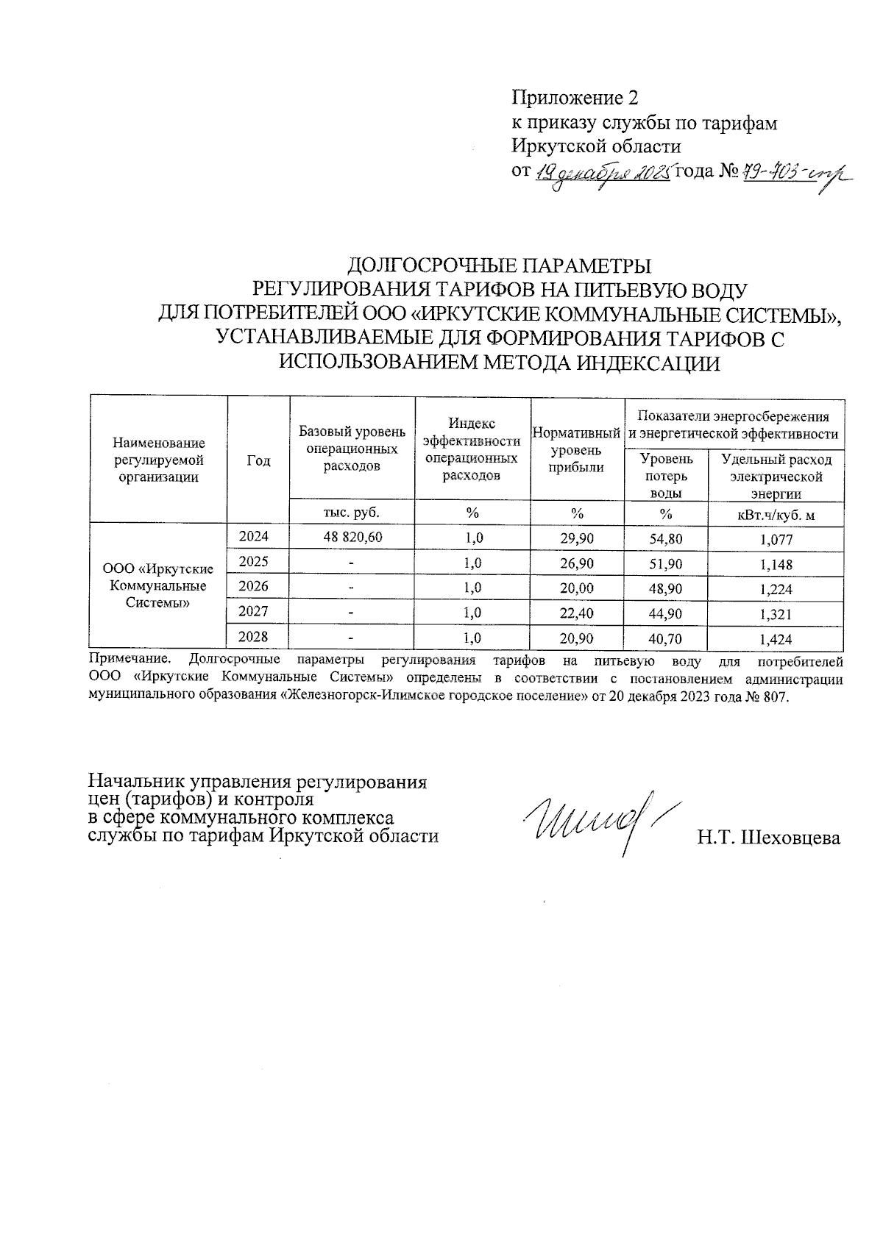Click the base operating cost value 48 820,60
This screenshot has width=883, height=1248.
(x=352, y=538)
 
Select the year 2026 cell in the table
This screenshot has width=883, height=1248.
(x=254, y=587)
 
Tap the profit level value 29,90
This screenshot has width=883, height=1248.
(x=576, y=539)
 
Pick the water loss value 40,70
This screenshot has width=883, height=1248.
(x=665, y=638)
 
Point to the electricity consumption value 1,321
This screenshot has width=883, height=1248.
(x=776, y=614)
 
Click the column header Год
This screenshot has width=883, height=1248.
(x=258, y=461)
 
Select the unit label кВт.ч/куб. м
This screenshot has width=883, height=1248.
(x=776, y=515)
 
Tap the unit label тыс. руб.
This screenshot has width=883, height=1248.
(x=352, y=512)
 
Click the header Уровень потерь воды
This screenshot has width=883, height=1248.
(x=666, y=477)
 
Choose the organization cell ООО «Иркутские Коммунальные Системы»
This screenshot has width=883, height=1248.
(x=159, y=586)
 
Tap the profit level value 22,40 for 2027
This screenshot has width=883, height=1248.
(x=576, y=613)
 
